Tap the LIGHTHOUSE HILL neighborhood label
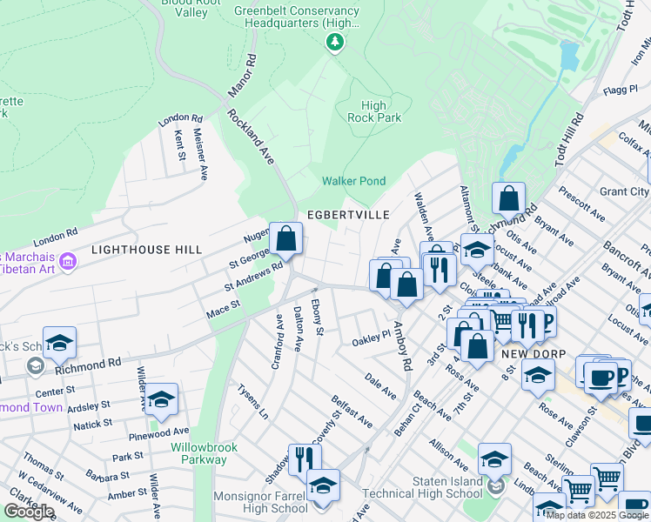[146, 250]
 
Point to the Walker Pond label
[353, 181]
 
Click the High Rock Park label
[374, 111]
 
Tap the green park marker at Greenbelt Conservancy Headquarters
[333, 42]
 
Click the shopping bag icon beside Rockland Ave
[285, 238]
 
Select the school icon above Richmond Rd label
[59, 343]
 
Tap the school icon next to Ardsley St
[161, 399]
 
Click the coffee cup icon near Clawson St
[600, 377]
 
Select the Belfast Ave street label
[352, 412]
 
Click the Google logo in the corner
[30, 512]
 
